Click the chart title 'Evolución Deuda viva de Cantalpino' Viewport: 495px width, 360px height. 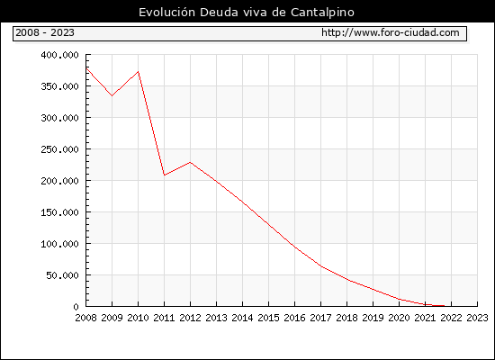click(247, 13)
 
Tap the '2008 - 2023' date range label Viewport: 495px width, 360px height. click(45, 32)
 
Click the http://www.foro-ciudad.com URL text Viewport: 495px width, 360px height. click(391, 32)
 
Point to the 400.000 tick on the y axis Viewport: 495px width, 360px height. click(59, 55)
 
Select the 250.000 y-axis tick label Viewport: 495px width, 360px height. click(59, 149)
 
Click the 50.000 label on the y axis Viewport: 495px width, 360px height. click(62, 275)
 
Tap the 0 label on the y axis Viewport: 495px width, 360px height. click(76, 307)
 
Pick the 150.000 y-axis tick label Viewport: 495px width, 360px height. click(59, 212)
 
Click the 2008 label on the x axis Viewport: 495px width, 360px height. click(85, 318)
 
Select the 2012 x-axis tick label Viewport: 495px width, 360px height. click(191, 318)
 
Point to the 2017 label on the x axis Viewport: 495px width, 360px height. click(320, 318)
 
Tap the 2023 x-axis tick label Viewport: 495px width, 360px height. click(477, 318)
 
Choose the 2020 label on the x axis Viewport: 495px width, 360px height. click(399, 318)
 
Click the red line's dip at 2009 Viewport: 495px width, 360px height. click(112, 95)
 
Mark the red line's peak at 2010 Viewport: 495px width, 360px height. click(139, 72)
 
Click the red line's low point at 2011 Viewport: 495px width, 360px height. click(164, 175)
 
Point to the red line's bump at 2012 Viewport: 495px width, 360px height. click(191, 162)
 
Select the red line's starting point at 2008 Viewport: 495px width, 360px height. click(86, 68)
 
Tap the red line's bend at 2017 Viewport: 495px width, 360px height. click(320, 266)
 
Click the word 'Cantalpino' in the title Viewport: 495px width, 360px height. click(322, 13)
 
